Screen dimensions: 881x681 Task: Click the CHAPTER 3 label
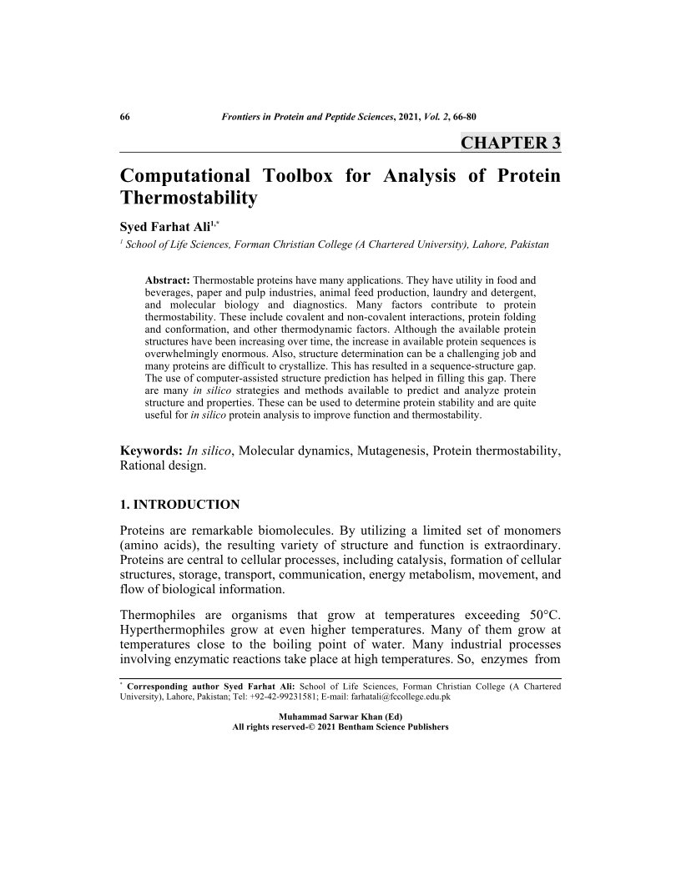click(510, 142)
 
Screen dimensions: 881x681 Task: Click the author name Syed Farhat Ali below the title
click(164, 226)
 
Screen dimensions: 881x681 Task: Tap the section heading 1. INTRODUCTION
click(180, 505)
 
